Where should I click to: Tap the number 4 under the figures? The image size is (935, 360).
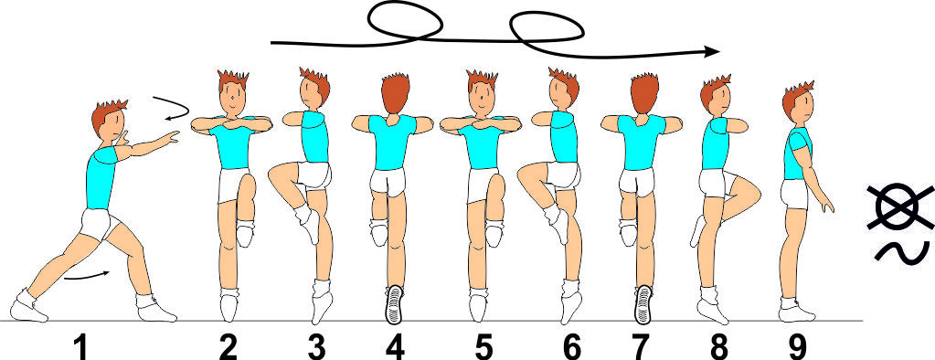[394, 347]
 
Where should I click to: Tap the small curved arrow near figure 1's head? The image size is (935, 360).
[172, 107]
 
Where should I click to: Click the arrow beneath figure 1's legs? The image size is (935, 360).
[87, 275]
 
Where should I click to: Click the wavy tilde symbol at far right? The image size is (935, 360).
[902, 251]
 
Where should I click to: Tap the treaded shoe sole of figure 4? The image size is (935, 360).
[394, 304]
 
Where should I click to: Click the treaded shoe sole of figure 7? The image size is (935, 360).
[643, 304]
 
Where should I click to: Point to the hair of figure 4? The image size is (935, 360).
[396, 93]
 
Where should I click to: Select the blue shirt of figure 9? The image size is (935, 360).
[797, 154]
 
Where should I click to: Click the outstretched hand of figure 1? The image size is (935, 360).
[171, 137]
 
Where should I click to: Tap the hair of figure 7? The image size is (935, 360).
[644, 93]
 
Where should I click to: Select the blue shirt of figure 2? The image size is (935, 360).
[232, 146]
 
